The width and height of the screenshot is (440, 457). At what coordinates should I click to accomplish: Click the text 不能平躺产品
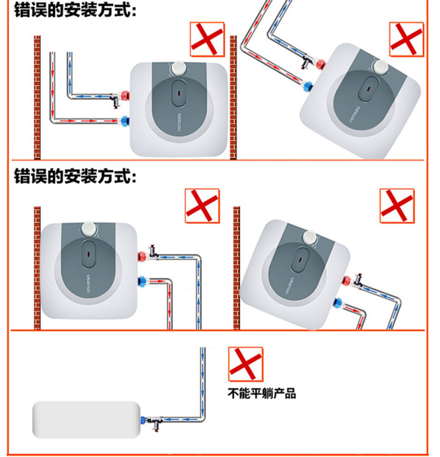[x=262, y=393]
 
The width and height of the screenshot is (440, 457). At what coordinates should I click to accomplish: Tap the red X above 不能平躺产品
[x=246, y=364]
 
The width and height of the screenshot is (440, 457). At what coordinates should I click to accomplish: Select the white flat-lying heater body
[x=86, y=420]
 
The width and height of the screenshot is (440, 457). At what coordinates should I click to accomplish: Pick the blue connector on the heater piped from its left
[x=125, y=120]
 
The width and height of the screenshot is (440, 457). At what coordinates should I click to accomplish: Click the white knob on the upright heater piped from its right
[x=89, y=229]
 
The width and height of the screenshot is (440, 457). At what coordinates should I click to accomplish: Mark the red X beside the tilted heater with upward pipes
[x=406, y=39]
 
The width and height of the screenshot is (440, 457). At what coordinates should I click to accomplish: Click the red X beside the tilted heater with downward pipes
[x=397, y=206]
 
